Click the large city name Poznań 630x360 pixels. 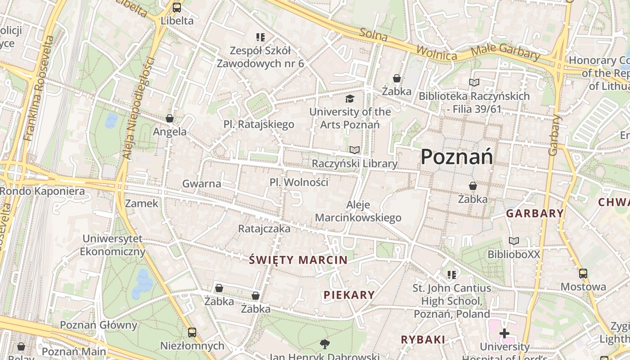click(456, 157)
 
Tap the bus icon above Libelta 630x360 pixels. click(177, 8)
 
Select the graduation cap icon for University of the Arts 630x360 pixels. click(350, 99)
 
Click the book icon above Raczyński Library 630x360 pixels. click(355, 150)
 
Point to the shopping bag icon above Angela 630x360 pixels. click(170, 118)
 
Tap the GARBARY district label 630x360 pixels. click(535, 213)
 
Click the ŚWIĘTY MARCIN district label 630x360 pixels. click(298, 260)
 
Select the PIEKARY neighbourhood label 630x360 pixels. click(349, 295)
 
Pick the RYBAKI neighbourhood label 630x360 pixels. click(423, 340)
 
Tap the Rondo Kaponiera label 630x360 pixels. click(42, 191)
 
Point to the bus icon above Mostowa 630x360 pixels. click(583, 273)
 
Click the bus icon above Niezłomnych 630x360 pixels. click(192, 333)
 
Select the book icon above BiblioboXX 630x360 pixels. click(513, 241)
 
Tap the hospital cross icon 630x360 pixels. click(504, 333)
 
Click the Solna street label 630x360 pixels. click(373, 35)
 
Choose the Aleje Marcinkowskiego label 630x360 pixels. click(358, 211)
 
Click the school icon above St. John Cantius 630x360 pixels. click(452, 274)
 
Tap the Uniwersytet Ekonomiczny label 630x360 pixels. click(112, 245)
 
